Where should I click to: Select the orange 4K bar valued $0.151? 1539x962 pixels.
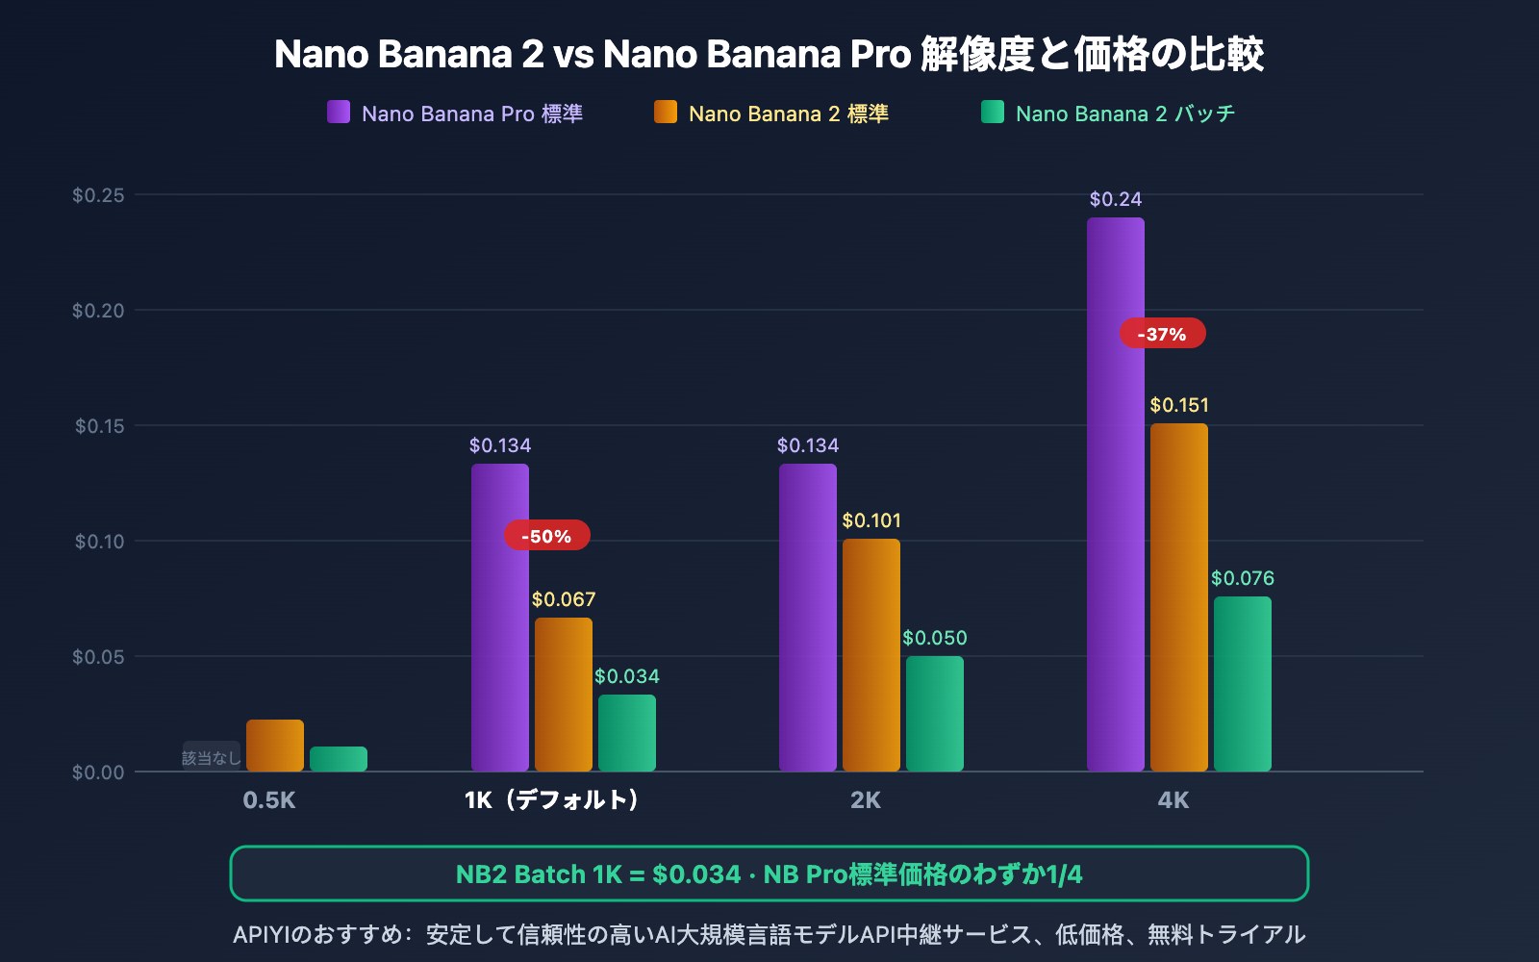point(1178,596)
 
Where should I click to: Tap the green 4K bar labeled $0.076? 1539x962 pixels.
point(1242,683)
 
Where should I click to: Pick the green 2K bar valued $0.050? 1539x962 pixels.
point(934,713)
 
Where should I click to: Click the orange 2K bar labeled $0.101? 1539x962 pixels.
point(870,654)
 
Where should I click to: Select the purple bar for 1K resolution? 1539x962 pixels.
point(499,617)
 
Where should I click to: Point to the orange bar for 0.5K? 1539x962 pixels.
point(274,745)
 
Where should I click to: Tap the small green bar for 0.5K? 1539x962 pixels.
point(338,758)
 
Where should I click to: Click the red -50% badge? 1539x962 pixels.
point(546,536)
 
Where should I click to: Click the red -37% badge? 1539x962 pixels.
point(1162,334)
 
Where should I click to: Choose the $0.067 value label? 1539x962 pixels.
point(564,599)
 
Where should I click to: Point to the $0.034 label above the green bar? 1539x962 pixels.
point(626,676)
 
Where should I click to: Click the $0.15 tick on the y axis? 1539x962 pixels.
point(100,425)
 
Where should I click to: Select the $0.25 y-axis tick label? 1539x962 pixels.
point(98,195)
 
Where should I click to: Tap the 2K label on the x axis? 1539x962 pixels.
point(865,799)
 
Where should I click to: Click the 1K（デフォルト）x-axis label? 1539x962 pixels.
point(551,799)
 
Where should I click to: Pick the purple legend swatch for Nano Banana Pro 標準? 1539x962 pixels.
point(339,113)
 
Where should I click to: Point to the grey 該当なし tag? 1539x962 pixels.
point(212,757)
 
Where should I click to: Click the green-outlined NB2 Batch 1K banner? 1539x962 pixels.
point(769,873)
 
